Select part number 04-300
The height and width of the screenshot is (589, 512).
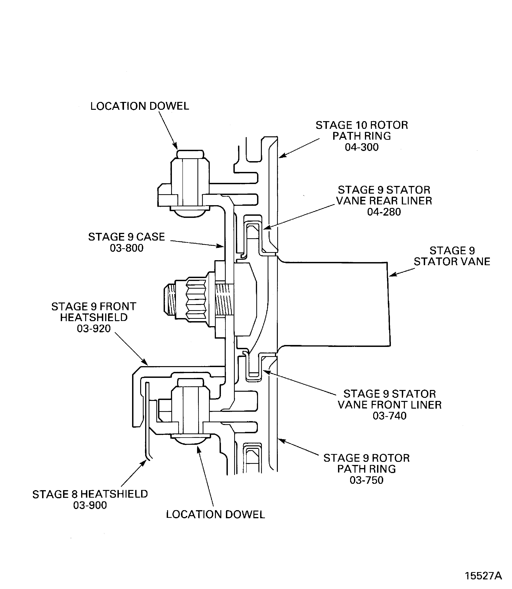click(x=361, y=147)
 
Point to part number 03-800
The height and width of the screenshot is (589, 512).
click(x=127, y=248)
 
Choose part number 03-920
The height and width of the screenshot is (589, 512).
click(x=94, y=329)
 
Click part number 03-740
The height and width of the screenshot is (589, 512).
click(x=389, y=416)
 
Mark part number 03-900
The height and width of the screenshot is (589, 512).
click(x=90, y=505)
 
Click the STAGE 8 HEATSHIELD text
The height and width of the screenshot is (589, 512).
click(x=90, y=494)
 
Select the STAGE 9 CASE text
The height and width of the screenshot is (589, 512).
click(x=127, y=237)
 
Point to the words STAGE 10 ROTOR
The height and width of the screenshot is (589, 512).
click(x=361, y=125)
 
